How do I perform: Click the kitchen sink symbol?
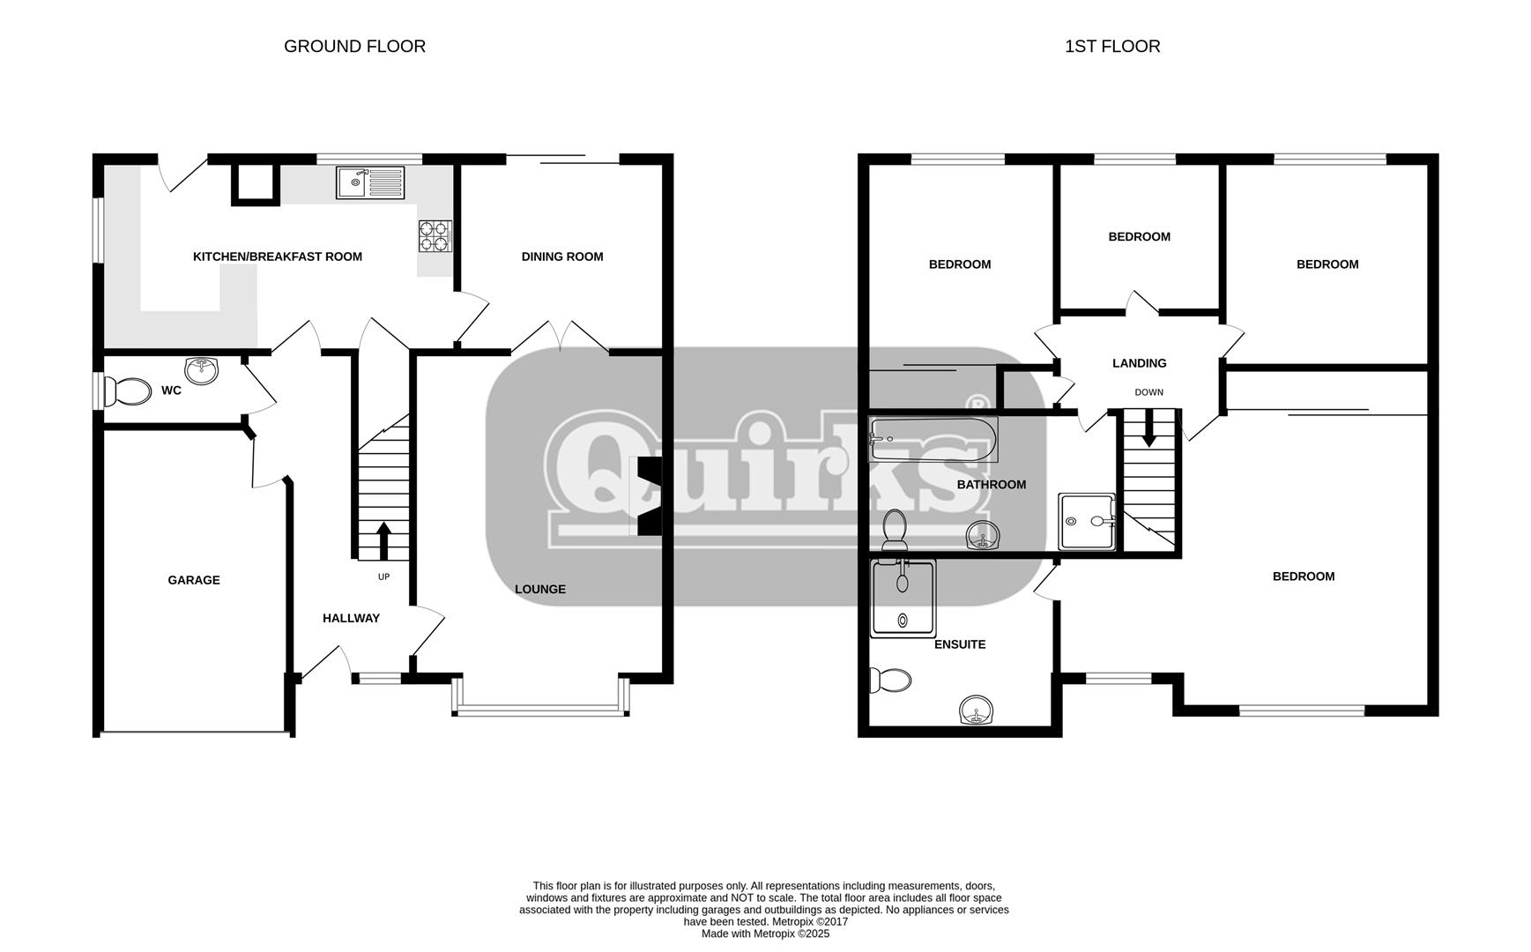coord(370,182)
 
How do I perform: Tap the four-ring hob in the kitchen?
coord(435,236)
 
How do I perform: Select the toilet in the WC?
coord(129,391)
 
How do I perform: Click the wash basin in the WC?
coord(202,370)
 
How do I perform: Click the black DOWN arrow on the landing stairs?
coord(1148,428)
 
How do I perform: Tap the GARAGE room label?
coord(194,580)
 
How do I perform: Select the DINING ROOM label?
coord(562,257)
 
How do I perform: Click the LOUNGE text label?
coord(540,589)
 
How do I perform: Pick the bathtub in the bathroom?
coord(933,440)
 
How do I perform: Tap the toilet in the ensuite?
coord(889,681)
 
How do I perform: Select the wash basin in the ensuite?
coord(977,710)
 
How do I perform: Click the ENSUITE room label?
coord(960,644)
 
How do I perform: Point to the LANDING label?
coord(1139,363)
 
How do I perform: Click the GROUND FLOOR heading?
coord(354,46)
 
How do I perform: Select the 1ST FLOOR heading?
coord(1112,46)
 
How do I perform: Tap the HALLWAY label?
coord(351,618)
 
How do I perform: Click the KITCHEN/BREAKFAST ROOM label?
coord(278,257)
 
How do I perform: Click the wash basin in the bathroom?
coord(983,536)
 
